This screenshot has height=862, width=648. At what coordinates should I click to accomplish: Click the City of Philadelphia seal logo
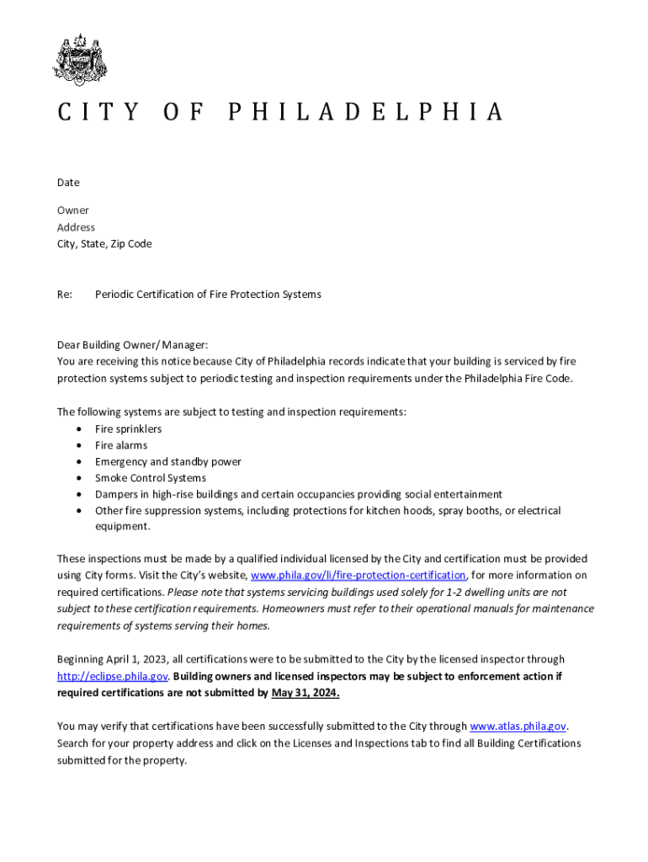[x=81, y=60]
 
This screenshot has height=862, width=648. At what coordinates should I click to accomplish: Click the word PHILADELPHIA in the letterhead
[x=366, y=112]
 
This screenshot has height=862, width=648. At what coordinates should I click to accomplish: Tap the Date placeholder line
[x=68, y=183]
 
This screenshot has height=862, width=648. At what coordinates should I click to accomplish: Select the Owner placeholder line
[x=72, y=210]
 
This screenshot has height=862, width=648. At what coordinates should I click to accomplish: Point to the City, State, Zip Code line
[x=104, y=244]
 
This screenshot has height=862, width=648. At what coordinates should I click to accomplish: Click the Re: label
[x=65, y=295]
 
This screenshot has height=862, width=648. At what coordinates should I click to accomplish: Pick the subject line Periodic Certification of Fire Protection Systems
[x=208, y=295]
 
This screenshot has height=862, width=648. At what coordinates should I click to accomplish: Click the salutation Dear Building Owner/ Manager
[x=132, y=345]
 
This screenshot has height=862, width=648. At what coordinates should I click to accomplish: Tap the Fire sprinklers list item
[x=128, y=429]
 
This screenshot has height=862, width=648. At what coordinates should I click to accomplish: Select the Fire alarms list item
[x=120, y=445]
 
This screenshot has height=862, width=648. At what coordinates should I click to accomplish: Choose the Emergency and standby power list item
[x=167, y=462]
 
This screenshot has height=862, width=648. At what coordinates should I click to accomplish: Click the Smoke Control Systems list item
[x=150, y=478]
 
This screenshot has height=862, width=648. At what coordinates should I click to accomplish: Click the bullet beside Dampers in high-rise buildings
[x=78, y=495]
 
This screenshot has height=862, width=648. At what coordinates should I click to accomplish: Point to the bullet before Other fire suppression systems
[x=78, y=511]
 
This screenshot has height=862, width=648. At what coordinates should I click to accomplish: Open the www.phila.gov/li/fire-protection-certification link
[x=359, y=576]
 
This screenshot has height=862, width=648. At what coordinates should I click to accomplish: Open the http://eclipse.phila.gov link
[x=113, y=677]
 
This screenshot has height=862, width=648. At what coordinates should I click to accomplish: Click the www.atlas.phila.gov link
[x=518, y=726]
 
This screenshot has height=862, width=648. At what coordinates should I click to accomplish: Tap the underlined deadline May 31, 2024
[x=305, y=694]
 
